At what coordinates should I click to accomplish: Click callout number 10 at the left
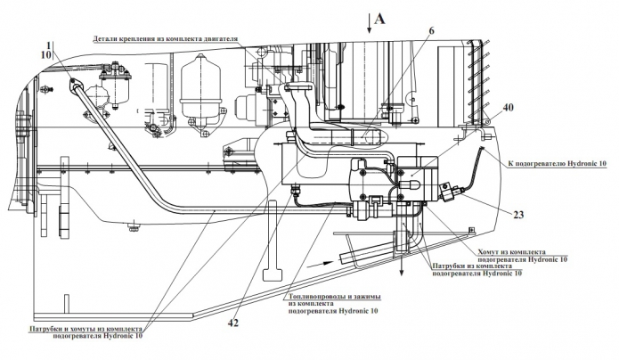[46, 55]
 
